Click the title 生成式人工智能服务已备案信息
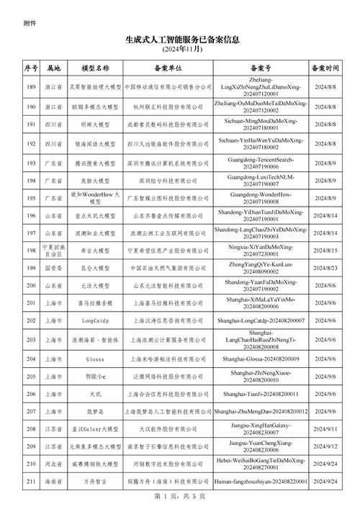pos(180,41)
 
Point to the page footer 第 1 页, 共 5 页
pos(180,496)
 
